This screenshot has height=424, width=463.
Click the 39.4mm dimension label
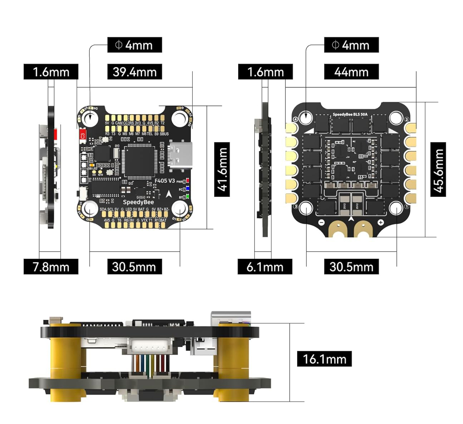click(134, 72)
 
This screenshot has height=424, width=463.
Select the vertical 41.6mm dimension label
click(222, 169)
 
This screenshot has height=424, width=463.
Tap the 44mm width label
click(351, 72)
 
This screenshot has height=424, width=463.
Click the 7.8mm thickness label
click(51, 267)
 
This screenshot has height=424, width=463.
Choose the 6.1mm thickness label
click(265, 267)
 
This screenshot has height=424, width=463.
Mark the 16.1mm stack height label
click(324, 359)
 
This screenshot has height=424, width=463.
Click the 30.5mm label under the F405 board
click(134, 267)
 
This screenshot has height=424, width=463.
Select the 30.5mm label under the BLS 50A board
click(351, 267)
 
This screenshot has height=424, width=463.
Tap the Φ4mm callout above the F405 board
click(134, 45)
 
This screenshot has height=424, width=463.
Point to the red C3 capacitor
click(82, 136)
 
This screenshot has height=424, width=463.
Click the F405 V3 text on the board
click(164, 181)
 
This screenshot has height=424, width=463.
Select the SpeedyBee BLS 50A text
click(350, 114)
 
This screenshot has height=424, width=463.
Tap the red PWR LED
click(187, 181)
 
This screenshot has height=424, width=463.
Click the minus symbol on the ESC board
click(321, 223)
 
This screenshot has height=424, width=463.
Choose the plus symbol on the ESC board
click(381, 223)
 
